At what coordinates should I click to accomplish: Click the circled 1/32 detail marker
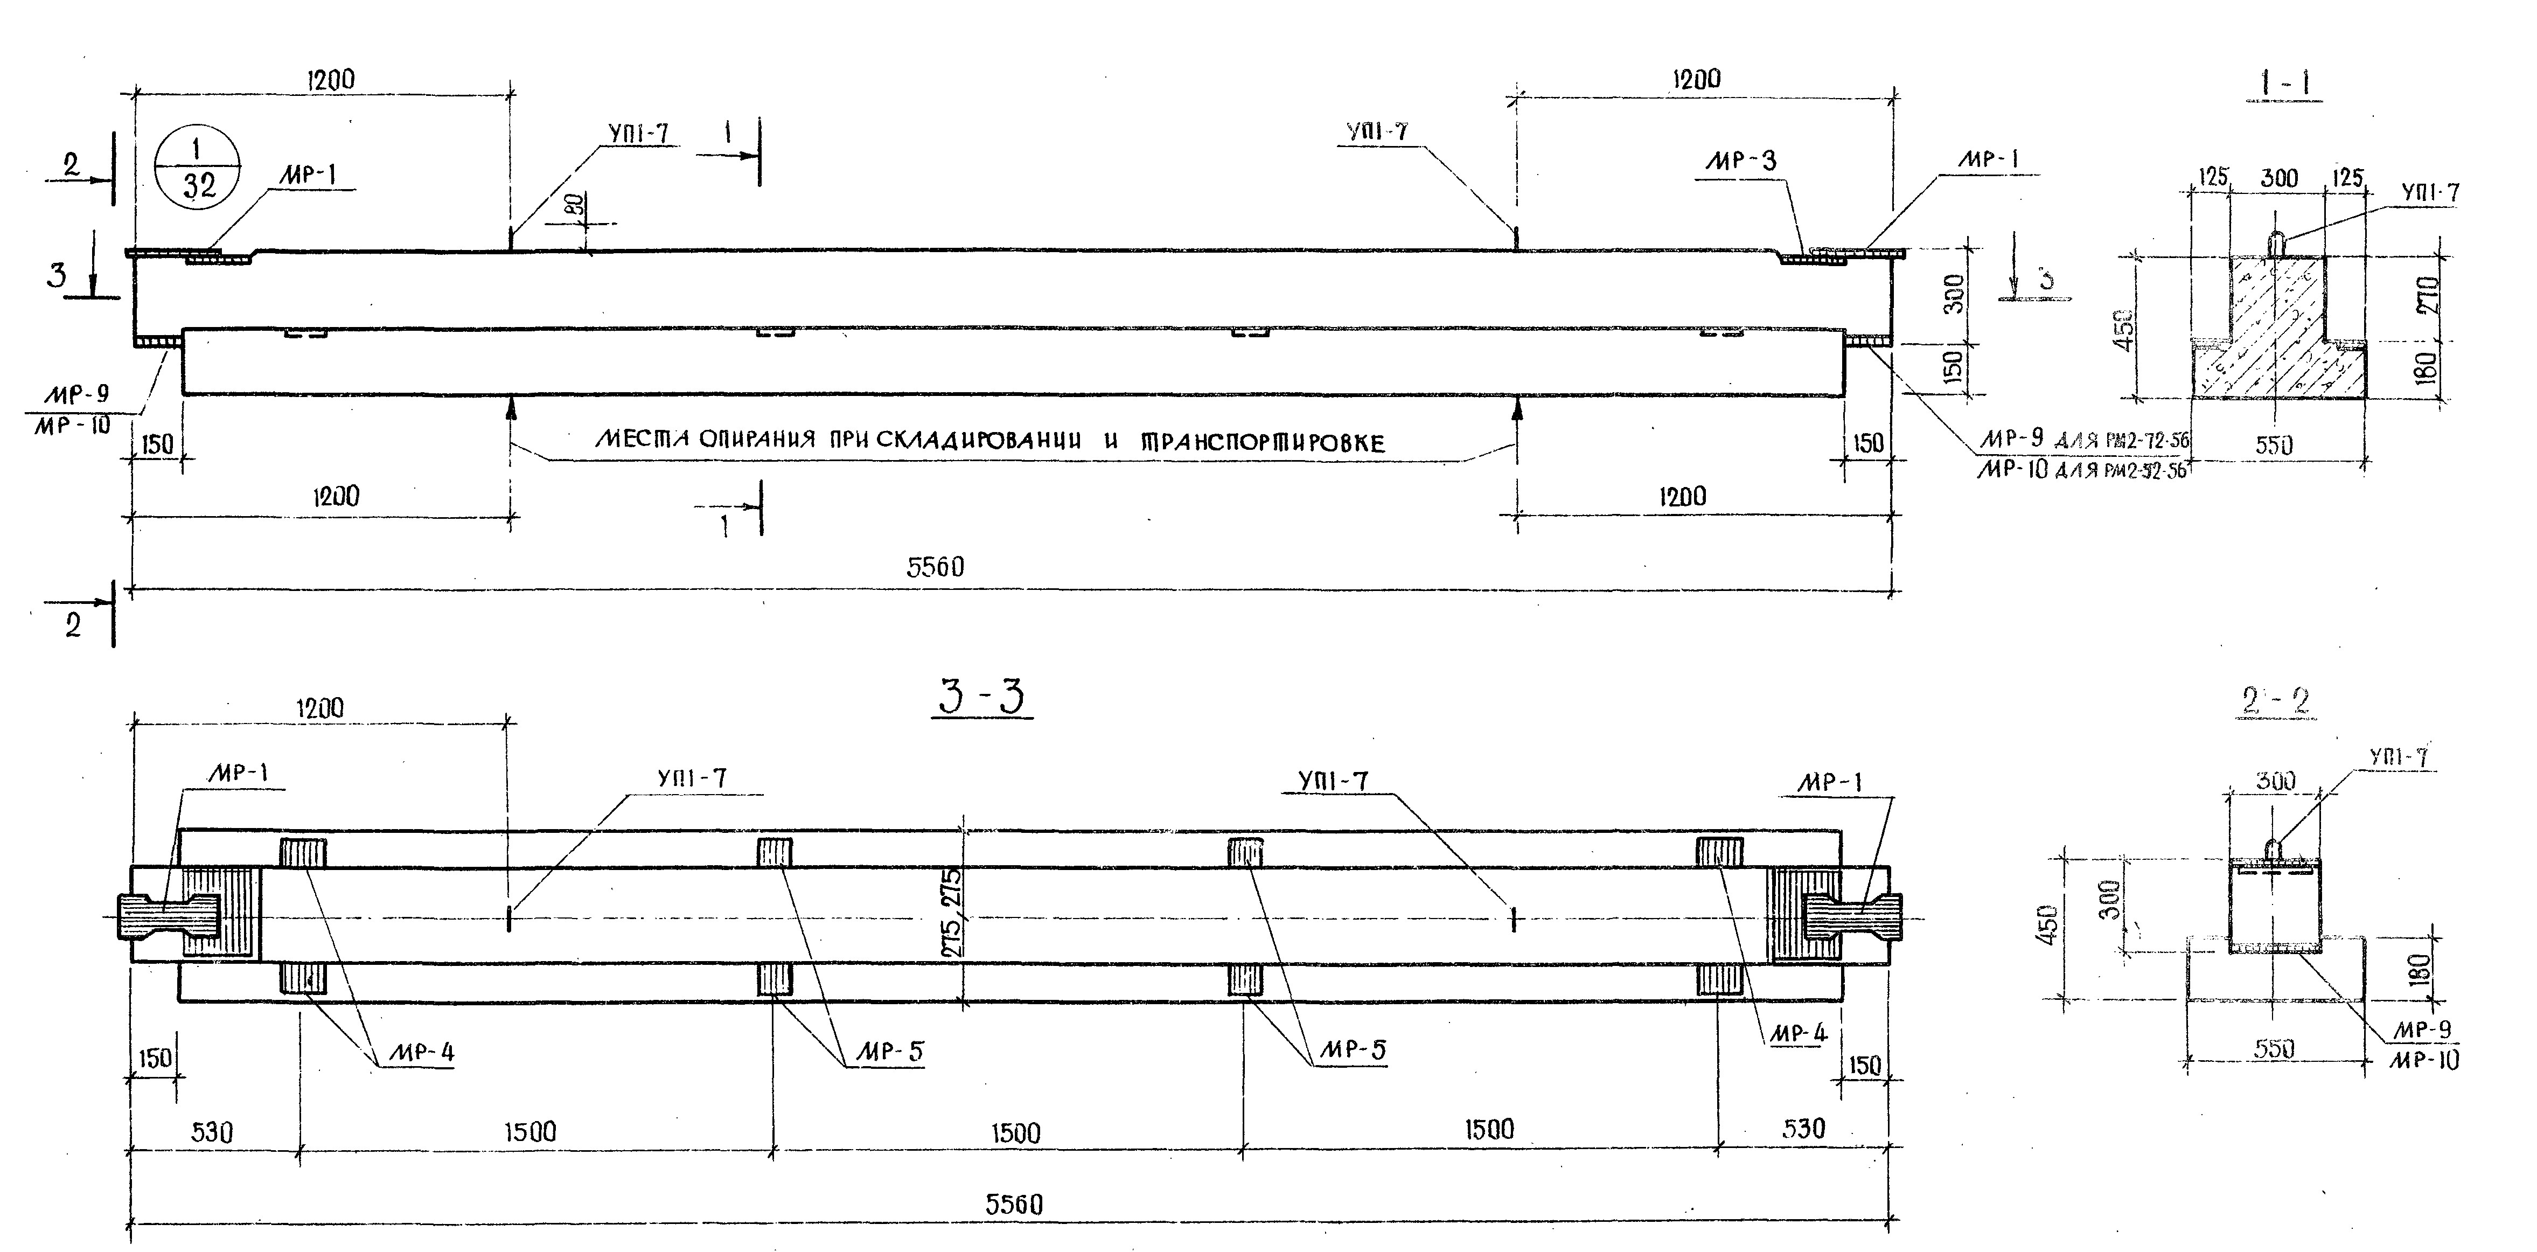(x=198, y=168)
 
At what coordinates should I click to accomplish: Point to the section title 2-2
(x=2274, y=700)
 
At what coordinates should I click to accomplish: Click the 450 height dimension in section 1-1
(x=2123, y=330)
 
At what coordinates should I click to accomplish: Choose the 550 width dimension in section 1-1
(x=2274, y=445)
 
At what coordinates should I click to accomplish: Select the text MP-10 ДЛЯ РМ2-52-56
(x=2080, y=470)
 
